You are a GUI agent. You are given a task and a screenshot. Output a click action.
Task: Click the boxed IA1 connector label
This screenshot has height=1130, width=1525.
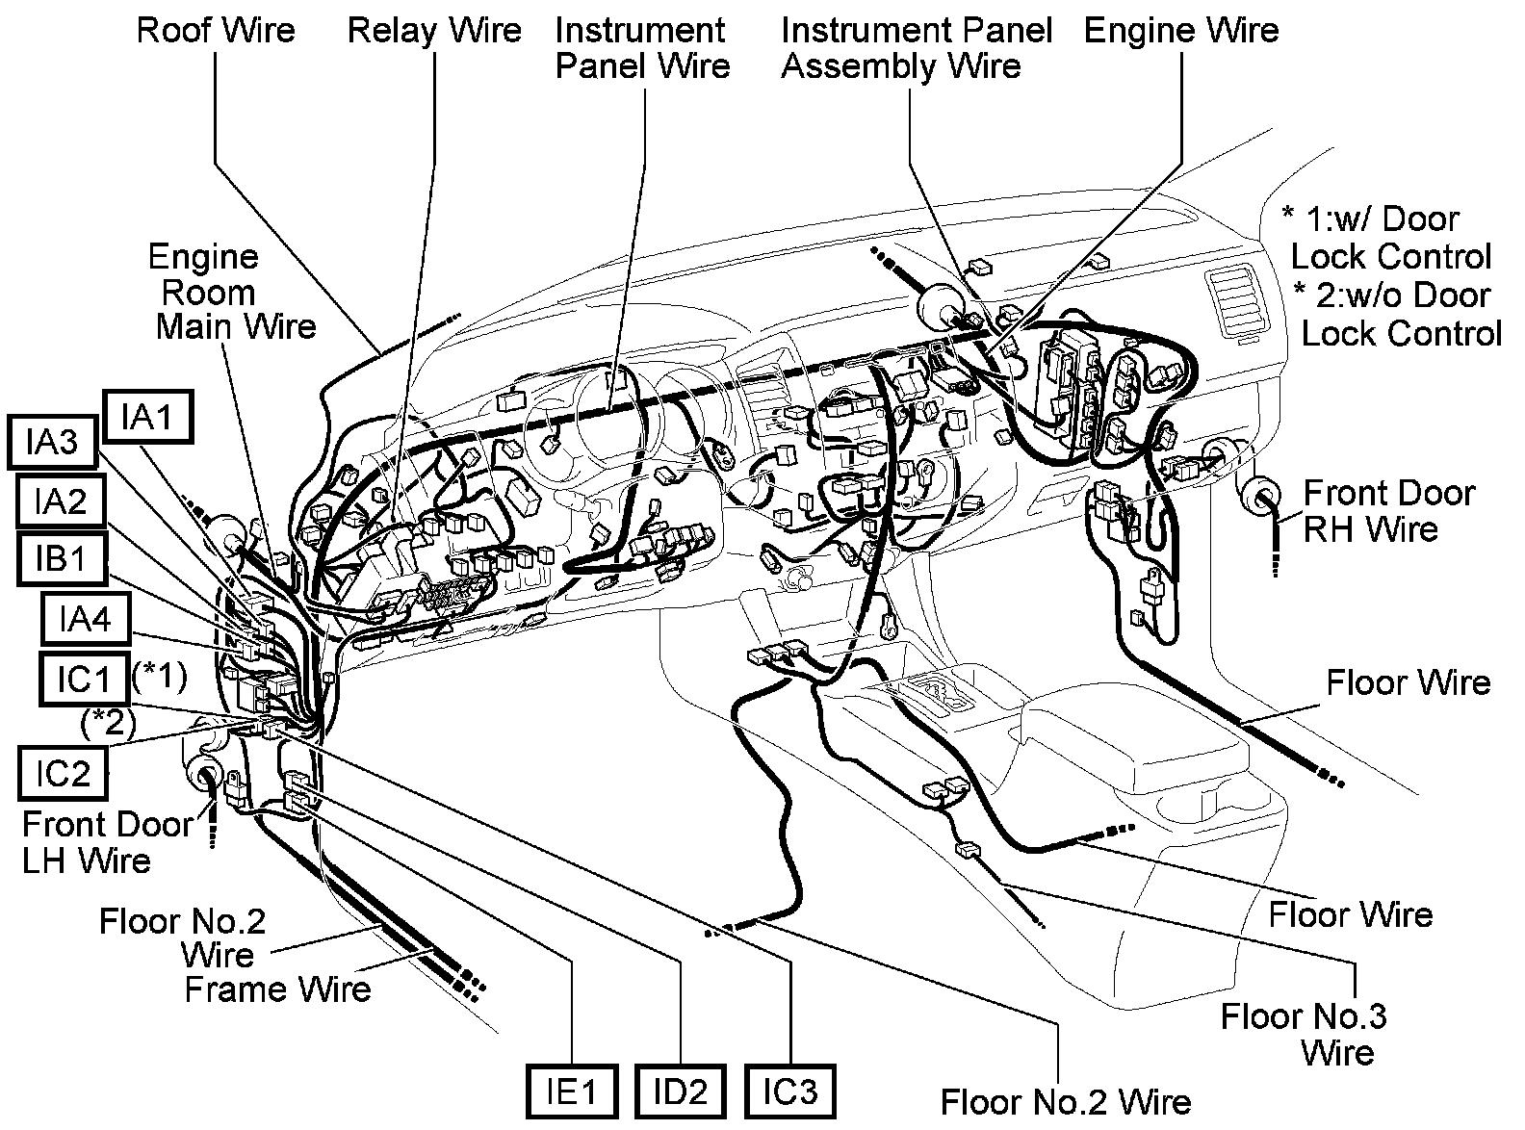pos(148,417)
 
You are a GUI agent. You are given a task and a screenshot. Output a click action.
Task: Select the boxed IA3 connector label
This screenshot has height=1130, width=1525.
pos(52,442)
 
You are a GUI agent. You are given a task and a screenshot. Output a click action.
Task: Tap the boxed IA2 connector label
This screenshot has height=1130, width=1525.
pos(60,501)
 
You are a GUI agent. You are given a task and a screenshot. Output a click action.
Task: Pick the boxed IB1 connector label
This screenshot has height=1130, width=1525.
pos(61,559)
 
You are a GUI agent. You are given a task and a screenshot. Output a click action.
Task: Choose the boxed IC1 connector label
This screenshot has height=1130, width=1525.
pos(83,679)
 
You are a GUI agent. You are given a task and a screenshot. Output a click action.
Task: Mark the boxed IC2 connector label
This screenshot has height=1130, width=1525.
pos(63,773)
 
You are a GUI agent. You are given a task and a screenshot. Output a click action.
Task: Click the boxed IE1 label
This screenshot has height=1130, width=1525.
pos(573,1091)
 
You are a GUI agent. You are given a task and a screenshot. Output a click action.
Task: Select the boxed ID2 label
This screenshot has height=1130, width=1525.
pos(681,1091)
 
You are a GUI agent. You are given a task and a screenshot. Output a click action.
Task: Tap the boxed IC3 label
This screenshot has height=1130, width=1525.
pos(789,1091)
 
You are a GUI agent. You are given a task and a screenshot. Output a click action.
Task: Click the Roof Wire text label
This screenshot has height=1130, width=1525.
pos(216,30)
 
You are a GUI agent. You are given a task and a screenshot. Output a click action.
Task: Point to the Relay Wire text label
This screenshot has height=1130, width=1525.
pos(434,30)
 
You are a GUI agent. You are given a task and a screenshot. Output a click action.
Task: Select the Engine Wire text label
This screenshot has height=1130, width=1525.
pos(1181,30)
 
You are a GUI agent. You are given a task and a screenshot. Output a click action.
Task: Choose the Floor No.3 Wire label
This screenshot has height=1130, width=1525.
pos(1316,1033)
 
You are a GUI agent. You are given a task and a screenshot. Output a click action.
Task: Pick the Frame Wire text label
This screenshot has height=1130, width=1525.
pos(277,989)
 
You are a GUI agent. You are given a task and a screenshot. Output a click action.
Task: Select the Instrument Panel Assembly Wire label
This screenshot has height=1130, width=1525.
pos(915,48)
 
